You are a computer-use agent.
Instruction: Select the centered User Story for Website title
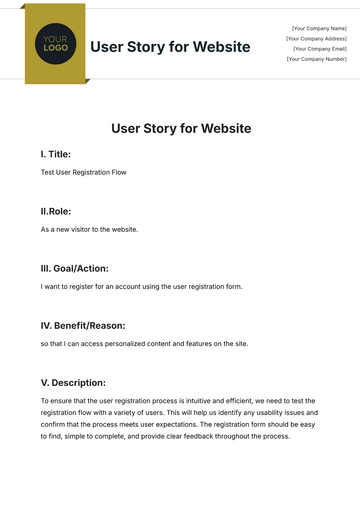[x=180, y=128]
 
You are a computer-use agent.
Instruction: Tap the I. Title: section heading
[x=56, y=155]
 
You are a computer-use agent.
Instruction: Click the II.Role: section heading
[x=56, y=211]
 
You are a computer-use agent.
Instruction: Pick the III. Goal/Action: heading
[x=75, y=268]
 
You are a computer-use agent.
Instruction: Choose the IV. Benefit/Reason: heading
[x=83, y=325]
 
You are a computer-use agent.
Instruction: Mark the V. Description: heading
[x=73, y=382]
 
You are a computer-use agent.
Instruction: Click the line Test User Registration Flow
[x=84, y=173]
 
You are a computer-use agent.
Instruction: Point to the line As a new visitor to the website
[x=89, y=229]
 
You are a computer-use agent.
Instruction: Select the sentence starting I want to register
[x=141, y=286]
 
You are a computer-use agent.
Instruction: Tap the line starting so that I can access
[x=144, y=343]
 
